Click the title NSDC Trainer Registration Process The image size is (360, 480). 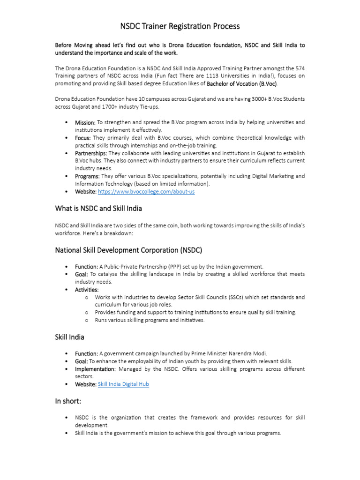click(x=180, y=26)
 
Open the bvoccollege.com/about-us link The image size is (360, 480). click(x=146, y=192)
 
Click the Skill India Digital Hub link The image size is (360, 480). click(x=123, y=384)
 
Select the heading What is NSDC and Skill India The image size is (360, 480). click(x=98, y=208)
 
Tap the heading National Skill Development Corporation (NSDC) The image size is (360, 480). click(x=128, y=250)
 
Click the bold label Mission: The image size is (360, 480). click(x=85, y=122)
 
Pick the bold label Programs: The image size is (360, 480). click(x=87, y=176)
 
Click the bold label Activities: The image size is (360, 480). click(x=87, y=290)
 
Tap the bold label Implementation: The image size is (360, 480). click(x=95, y=369)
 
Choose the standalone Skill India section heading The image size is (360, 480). click(x=70, y=337)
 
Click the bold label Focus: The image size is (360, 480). click(x=83, y=138)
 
